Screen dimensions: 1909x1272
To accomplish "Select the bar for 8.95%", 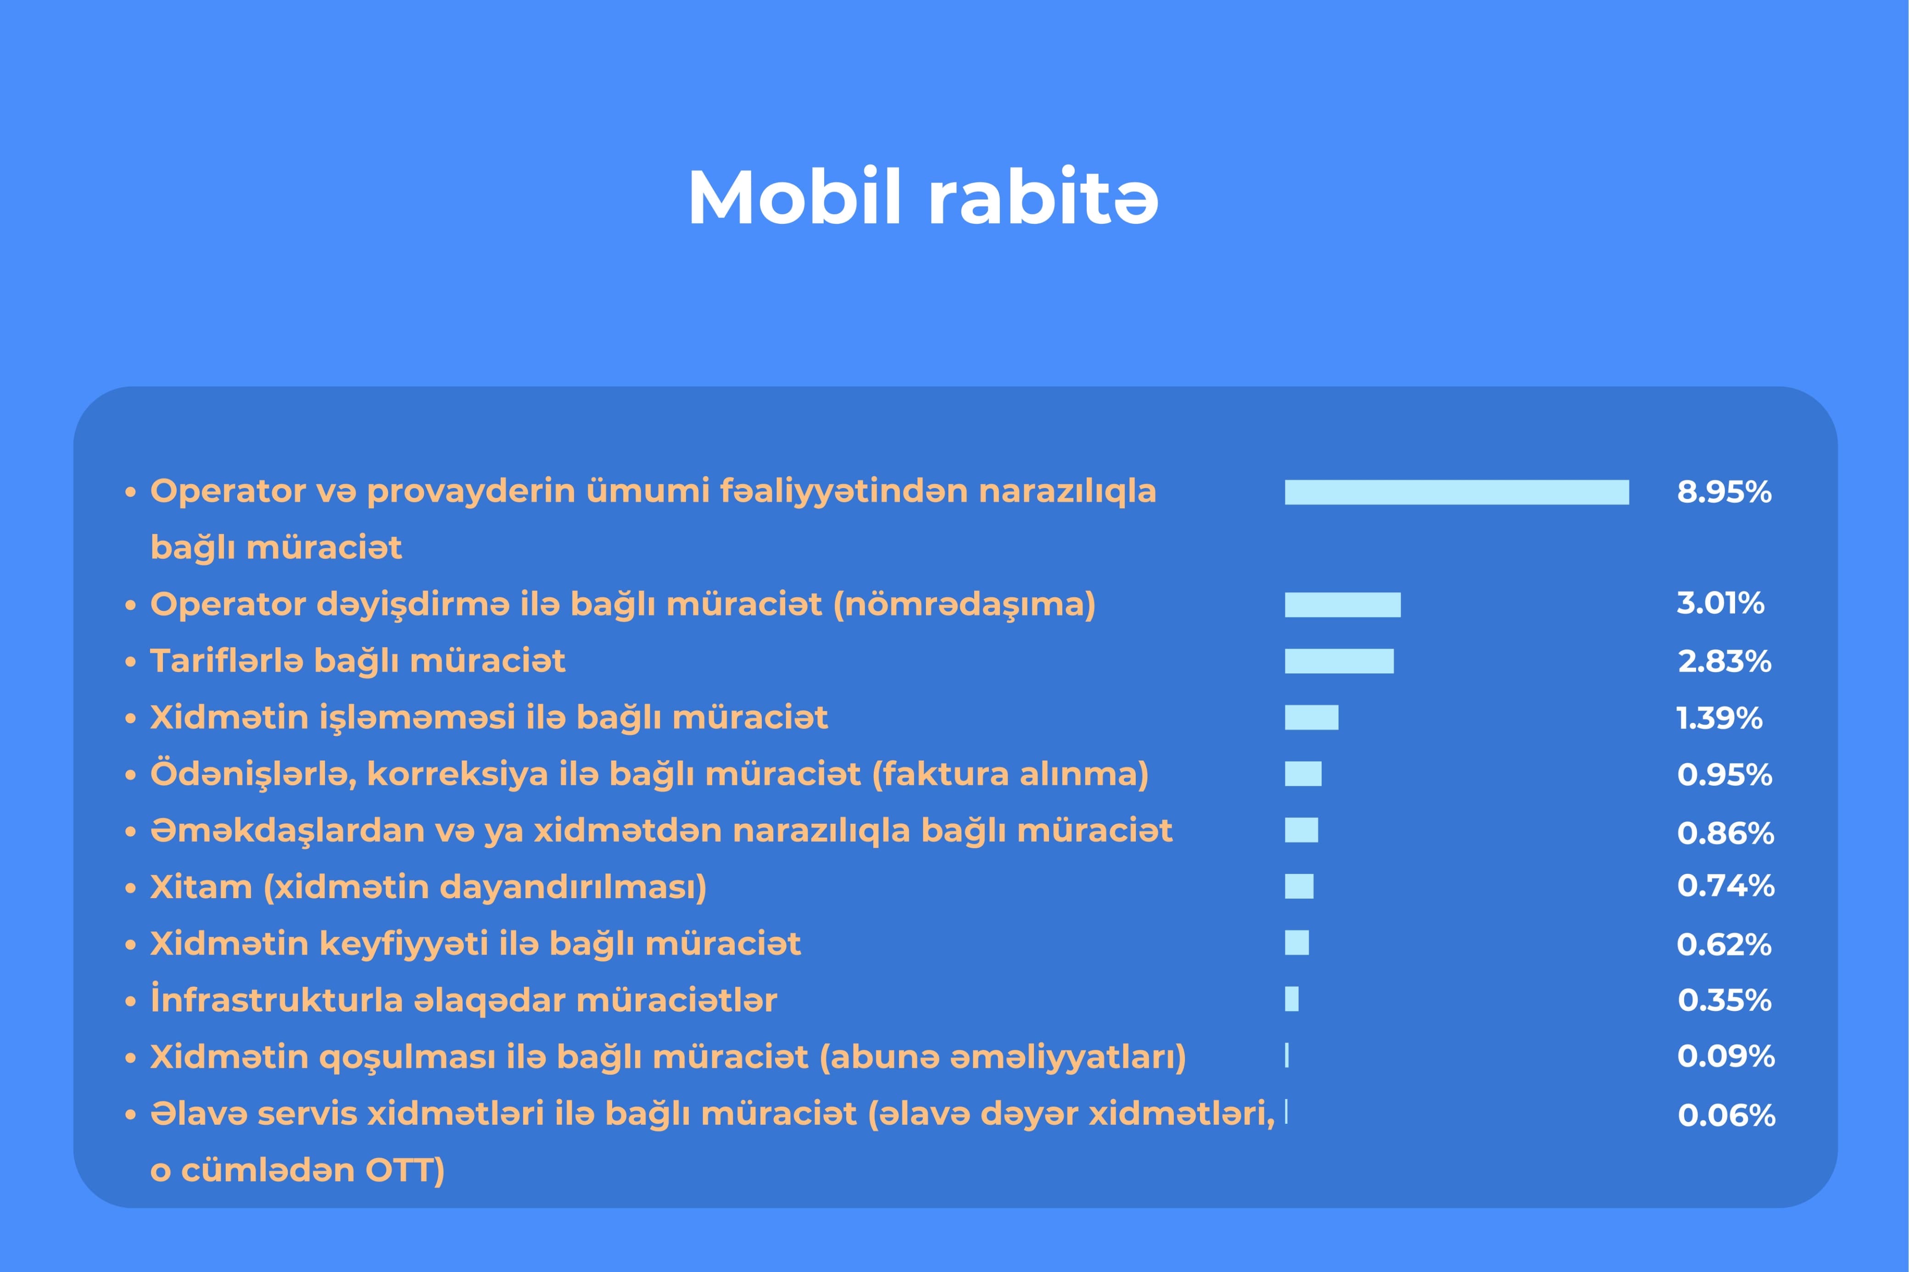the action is (1456, 492).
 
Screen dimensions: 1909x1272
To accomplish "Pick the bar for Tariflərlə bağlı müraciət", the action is (1339, 661).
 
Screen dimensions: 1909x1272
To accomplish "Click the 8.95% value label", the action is (1724, 492).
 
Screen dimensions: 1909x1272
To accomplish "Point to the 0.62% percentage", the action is (1724, 945).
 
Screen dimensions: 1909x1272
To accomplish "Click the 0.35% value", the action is (1724, 1000).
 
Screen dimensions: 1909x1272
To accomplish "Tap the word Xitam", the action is (201, 888).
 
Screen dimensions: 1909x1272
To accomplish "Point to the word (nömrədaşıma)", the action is (965, 605).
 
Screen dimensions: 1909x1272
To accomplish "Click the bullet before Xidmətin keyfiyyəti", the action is (130, 945).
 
